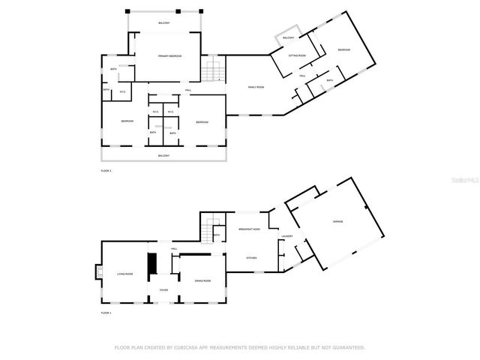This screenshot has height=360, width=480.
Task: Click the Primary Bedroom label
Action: pos(169,56)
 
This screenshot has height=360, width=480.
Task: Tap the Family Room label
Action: pos(256,87)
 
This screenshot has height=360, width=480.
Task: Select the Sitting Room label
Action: pos(297,55)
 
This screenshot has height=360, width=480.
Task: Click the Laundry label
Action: pos(286,237)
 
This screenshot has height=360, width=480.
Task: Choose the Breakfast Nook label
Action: pos(249,229)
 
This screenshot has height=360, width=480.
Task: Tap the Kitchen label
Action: pos(252,257)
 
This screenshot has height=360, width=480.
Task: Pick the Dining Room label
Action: pos(202,280)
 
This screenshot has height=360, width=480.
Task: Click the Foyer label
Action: pos(163,289)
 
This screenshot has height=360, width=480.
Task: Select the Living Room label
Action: pos(124,274)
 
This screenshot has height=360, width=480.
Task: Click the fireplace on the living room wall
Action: pos(97,272)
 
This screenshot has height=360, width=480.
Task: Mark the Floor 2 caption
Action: pos(106,171)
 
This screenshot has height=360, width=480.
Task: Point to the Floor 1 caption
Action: pos(106,313)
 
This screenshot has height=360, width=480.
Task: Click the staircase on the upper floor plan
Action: pos(213,71)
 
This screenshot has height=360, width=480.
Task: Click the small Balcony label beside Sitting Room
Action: pos(288,37)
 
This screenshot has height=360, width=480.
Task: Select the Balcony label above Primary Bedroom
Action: pos(164,23)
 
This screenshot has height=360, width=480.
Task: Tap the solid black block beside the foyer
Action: pos(151,264)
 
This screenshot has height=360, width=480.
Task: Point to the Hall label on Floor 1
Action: pos(173,248)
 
